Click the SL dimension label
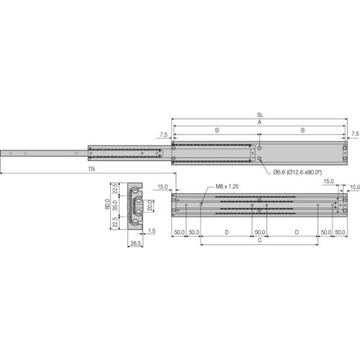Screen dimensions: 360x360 260,115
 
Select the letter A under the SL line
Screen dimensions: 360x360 260,122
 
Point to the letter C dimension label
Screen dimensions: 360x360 260,241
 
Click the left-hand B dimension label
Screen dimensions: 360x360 216,130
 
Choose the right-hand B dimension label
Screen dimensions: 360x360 303,130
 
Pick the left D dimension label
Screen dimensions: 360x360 226,232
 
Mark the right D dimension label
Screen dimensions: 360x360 297,232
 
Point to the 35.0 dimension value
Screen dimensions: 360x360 115,206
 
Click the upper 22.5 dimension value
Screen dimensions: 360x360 115,189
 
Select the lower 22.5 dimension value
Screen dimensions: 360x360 115,222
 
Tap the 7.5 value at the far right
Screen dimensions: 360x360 355,134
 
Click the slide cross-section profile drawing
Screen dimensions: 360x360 135,206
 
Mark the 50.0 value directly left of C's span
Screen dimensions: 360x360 194,232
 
